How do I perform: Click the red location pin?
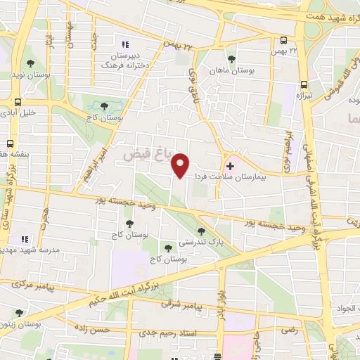coord(181,165)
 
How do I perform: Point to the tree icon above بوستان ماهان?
coord(231,58)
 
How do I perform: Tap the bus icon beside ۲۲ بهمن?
coord(283,40)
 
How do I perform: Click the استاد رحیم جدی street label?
coord(169,331)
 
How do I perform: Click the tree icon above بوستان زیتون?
coord(20,313)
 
